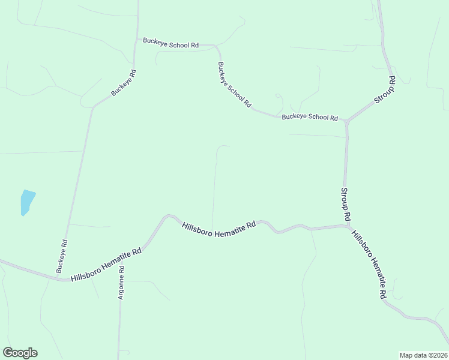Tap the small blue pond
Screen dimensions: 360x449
coord(26,202)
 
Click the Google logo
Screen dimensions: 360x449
coord(20,353)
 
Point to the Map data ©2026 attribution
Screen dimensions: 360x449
coord(423,355)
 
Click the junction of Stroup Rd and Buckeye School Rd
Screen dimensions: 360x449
coord(346,121)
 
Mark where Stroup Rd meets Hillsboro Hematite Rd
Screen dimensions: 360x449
coord(347,226)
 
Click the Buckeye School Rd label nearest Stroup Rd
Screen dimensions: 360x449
coord(310,117)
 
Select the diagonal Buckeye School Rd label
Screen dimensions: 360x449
coord(234,84)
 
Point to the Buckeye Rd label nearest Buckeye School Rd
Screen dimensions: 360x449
coord(124,83)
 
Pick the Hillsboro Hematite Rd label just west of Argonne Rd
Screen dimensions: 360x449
coord(106,266)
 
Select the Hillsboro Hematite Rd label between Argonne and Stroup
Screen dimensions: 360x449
coord(218,229)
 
